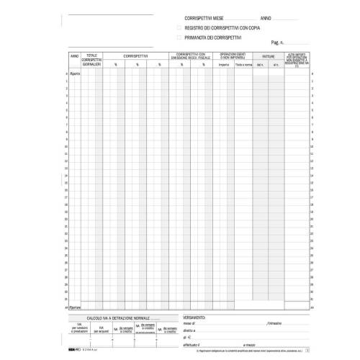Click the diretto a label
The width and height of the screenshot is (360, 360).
[190, 330]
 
